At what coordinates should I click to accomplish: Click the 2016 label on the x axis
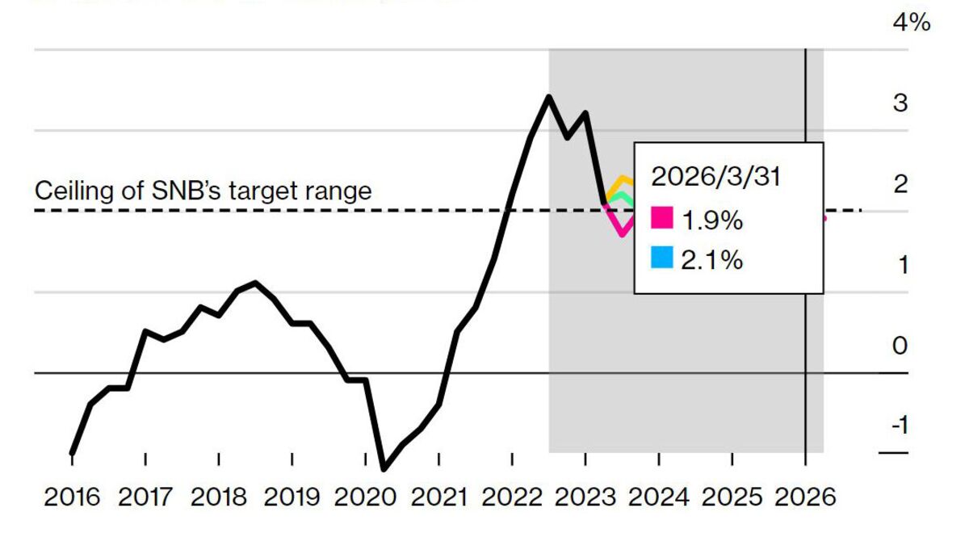tap(72, 495)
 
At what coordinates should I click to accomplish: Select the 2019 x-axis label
tap(292, 495)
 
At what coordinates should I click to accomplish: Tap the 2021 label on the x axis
tap(438, 495)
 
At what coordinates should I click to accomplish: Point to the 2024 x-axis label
tap(659, 495)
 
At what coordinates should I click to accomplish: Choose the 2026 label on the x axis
tap(805, 495)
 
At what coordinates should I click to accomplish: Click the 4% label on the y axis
tap(911, 23)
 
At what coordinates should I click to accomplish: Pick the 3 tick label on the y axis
tap(900, 103)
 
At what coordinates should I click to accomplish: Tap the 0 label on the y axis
tap(900, 346)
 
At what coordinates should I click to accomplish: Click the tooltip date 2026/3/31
tap(716, 177)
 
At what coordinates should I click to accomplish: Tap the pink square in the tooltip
tap(661, 218)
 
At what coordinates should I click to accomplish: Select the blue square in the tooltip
tap(661, 259)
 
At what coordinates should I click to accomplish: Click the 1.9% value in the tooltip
tap(712, 219)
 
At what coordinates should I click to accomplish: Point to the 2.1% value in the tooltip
tap(712, 260)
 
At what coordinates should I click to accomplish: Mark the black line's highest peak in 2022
tap(549, 97)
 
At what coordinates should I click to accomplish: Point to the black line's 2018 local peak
tap(255, 283)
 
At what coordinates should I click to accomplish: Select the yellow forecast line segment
tap(620, 179)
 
